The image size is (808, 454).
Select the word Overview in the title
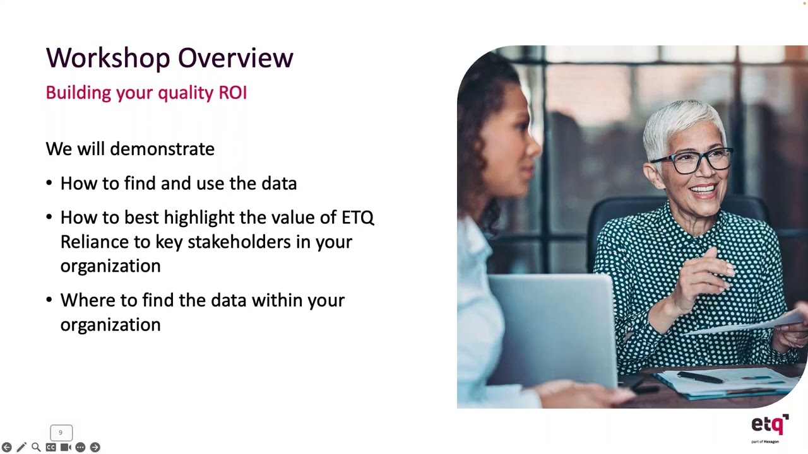235,58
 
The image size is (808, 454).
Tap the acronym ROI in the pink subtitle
232,93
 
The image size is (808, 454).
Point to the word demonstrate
162,149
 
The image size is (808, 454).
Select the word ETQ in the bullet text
357,218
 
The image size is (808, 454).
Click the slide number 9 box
61,433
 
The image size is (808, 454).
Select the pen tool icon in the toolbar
21,447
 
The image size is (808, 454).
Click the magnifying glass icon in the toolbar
36,447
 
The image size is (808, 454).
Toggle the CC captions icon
50,447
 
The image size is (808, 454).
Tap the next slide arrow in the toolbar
95,447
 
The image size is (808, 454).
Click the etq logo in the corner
769,426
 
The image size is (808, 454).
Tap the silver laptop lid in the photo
552,328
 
